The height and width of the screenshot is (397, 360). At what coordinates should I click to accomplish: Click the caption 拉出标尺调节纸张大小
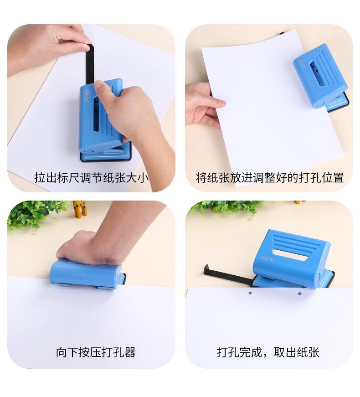(x=91, y=178)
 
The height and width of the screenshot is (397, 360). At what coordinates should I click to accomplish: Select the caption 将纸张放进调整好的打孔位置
(x=269, y=178)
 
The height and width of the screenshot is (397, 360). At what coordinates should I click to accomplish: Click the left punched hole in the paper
(x=250, y=293)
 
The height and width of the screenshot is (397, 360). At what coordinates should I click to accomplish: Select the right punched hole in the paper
(x=299, y=293)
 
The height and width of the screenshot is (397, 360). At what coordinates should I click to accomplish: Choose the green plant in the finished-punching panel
(x=226, y=207)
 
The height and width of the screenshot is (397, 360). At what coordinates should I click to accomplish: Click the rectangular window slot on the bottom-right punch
(x=291, y=255)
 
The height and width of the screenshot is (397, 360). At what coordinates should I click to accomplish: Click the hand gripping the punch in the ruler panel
(x=132, y=114)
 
